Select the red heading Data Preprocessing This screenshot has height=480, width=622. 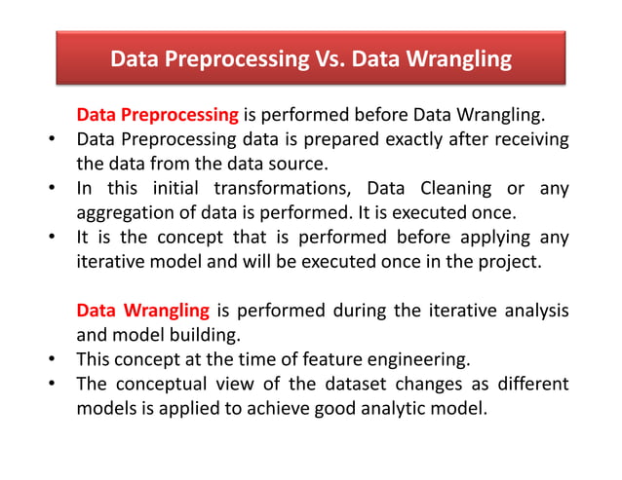point(157,114)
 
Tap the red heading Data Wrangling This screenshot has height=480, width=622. point(142,311)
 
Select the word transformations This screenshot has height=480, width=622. point(276,187)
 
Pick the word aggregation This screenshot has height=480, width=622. point(126,211)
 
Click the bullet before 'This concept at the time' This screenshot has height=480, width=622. point(51,359)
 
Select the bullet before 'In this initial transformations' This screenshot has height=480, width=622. point(51,187)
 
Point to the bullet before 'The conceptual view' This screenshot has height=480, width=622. point(51,384)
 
